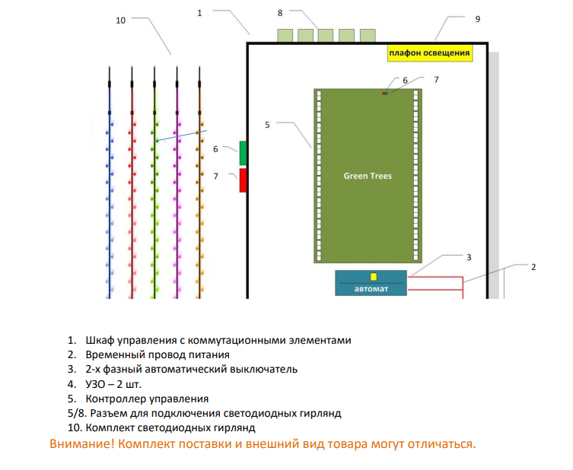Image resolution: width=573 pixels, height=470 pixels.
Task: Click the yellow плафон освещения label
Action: (x=429, y=52)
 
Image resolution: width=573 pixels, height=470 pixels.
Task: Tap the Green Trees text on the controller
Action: (x=368, y=176)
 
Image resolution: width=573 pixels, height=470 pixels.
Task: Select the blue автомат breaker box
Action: (x=371, y=283)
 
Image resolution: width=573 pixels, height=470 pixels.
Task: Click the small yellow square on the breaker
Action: (x=373, y=277)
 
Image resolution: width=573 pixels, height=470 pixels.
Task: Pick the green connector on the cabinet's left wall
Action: (x=243, y=153)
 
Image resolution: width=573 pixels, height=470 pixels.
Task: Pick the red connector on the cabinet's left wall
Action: (x=243, y=180)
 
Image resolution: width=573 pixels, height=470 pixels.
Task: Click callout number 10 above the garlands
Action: (x=120, y=21)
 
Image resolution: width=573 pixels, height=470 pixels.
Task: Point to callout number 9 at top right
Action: (x=477, y=19)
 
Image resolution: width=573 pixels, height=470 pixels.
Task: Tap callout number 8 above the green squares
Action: (x=280, y=13)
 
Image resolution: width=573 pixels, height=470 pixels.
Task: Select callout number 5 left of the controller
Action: (x=267, y=124)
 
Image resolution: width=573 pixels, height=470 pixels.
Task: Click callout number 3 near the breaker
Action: (x=469, y=258)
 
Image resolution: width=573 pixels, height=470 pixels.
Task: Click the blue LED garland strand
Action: (x=109, y=190)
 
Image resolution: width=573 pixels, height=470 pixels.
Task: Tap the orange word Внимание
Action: (x=82, y=443)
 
